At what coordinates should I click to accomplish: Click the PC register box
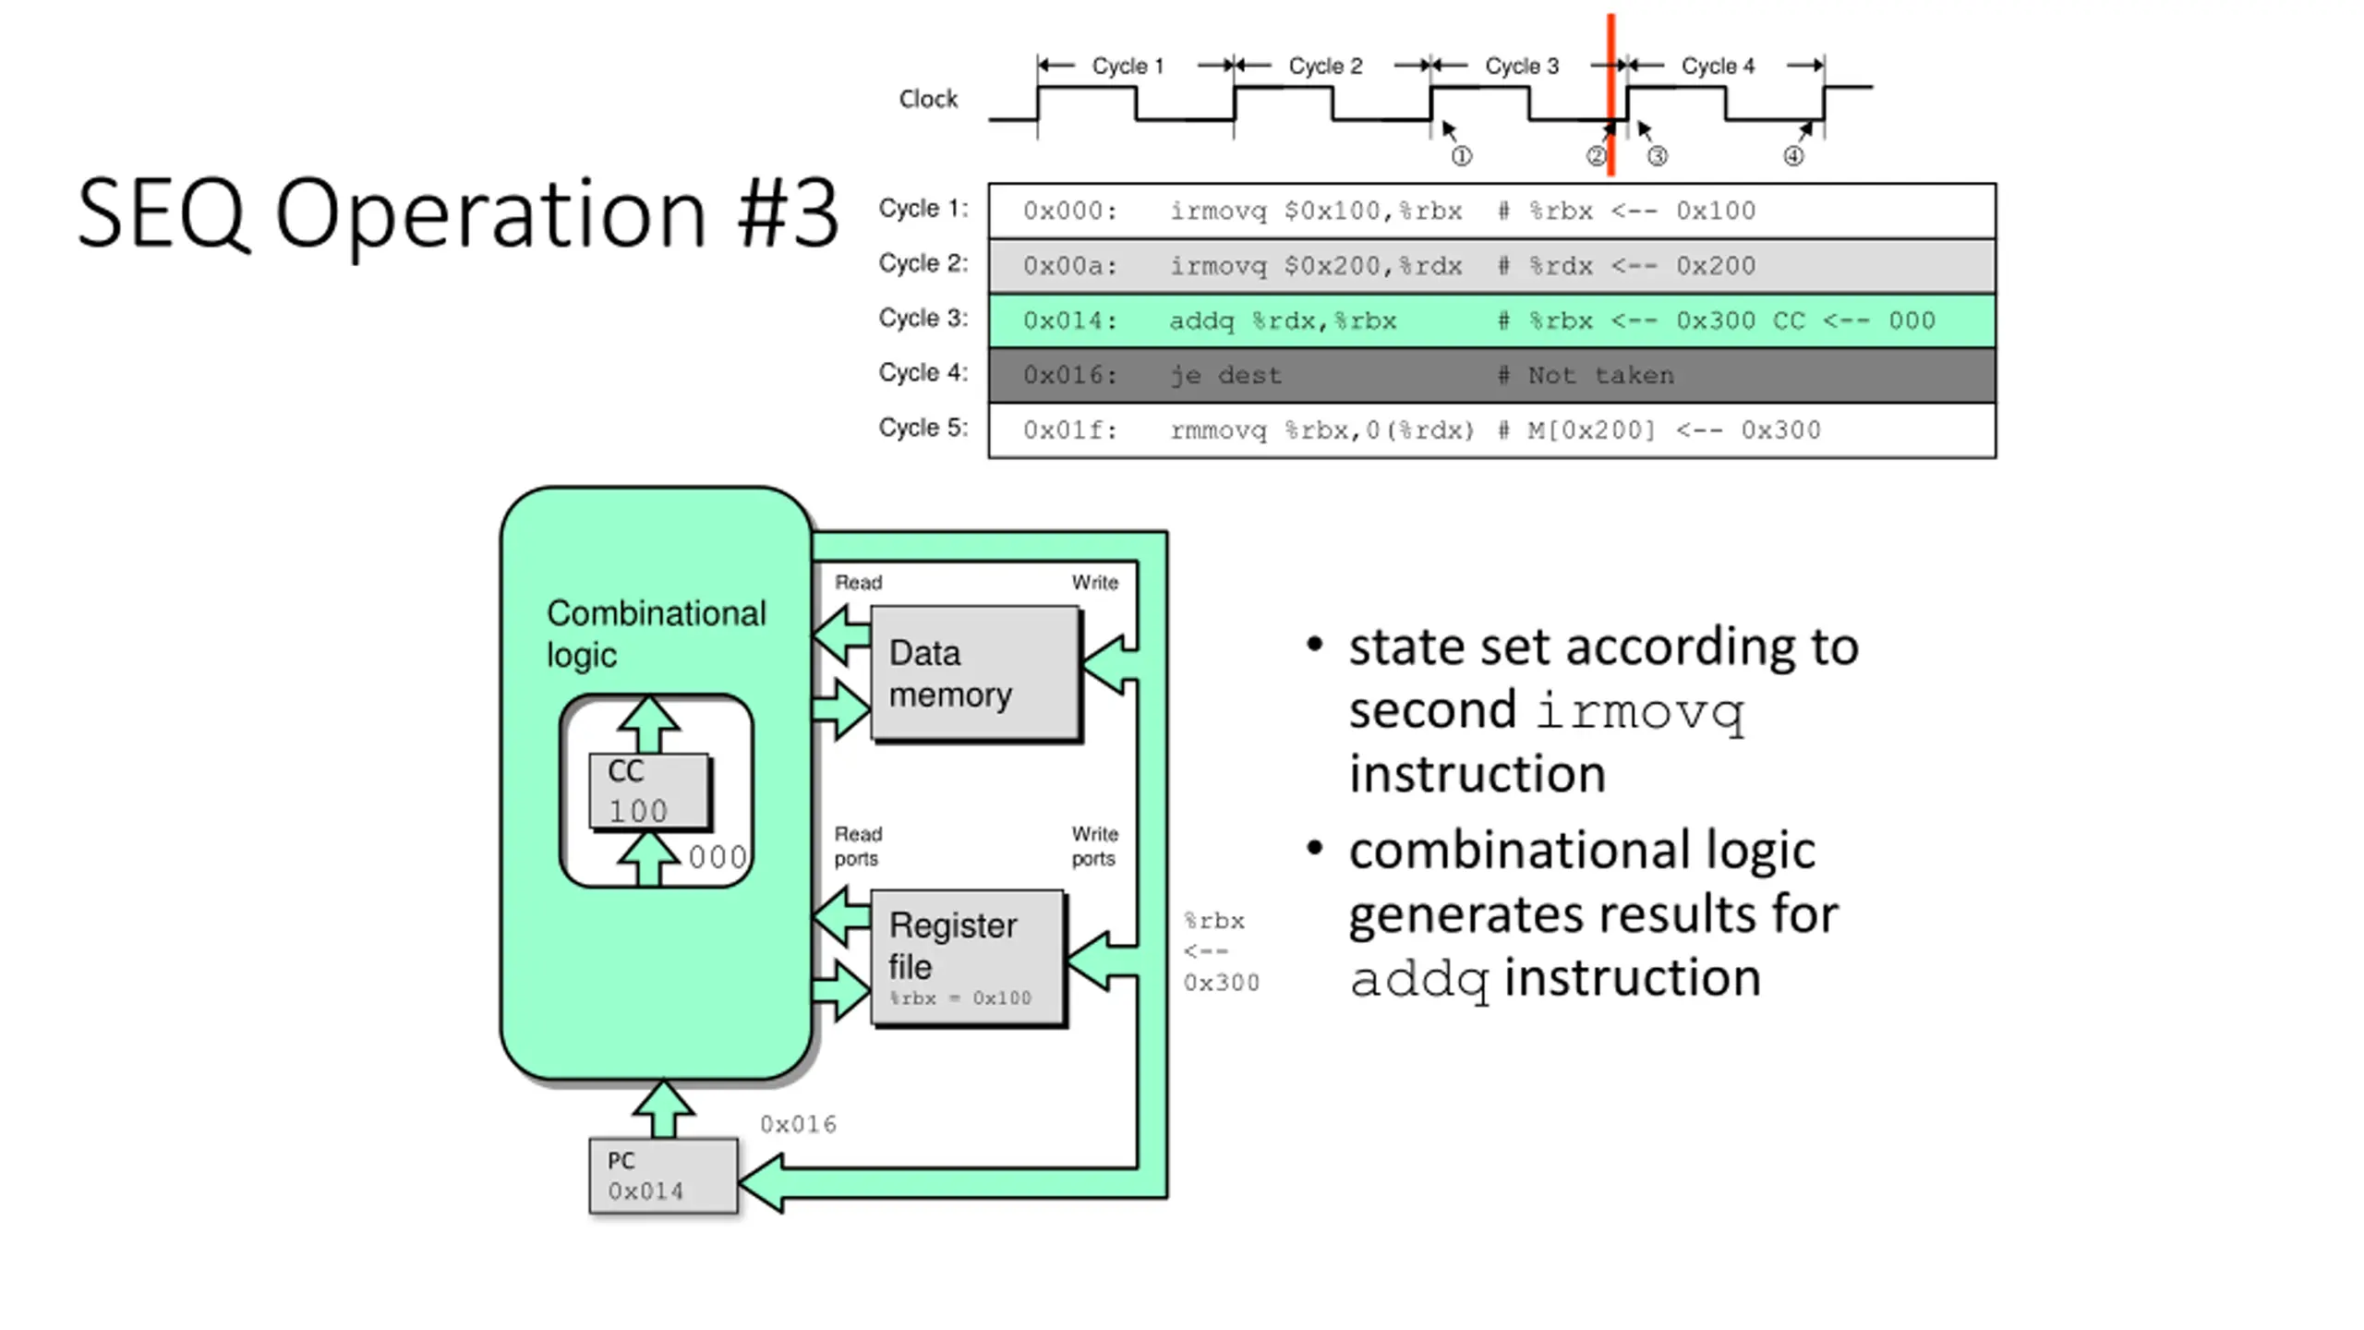click(x=663, y=1176)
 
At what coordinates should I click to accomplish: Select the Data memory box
click(x=975, y=672)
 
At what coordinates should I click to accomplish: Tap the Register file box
click(x=968, y=957)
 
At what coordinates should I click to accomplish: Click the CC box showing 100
click(x=649, y=791)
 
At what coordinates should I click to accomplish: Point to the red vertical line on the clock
click(x=1610, y=92)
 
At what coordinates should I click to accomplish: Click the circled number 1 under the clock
click(x=1461, y=156)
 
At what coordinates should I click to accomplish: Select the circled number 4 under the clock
click(x=1792, y=156)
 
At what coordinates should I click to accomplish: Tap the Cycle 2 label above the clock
click(x=1325, y=66)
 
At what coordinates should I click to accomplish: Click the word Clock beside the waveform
click(x=928, y=99)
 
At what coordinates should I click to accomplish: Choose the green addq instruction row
click(x=1491, y=320)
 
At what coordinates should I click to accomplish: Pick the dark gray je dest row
click(x=1491, y=375)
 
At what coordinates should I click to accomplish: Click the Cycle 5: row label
click(x=923, y=428)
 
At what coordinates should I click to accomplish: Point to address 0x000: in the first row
click(x=1069, y=212)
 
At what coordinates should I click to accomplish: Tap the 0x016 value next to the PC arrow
click(x=798, y=1124)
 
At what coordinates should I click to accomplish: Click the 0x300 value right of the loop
click(x=1221, y=983)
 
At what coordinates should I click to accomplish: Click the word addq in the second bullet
click(x=1419, y=979)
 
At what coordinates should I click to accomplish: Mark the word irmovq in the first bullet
click(x=1639, y=712)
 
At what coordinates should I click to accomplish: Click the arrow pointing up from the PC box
click(x=663, y=1108)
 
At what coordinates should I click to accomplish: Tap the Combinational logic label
click(x=655, y=634)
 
